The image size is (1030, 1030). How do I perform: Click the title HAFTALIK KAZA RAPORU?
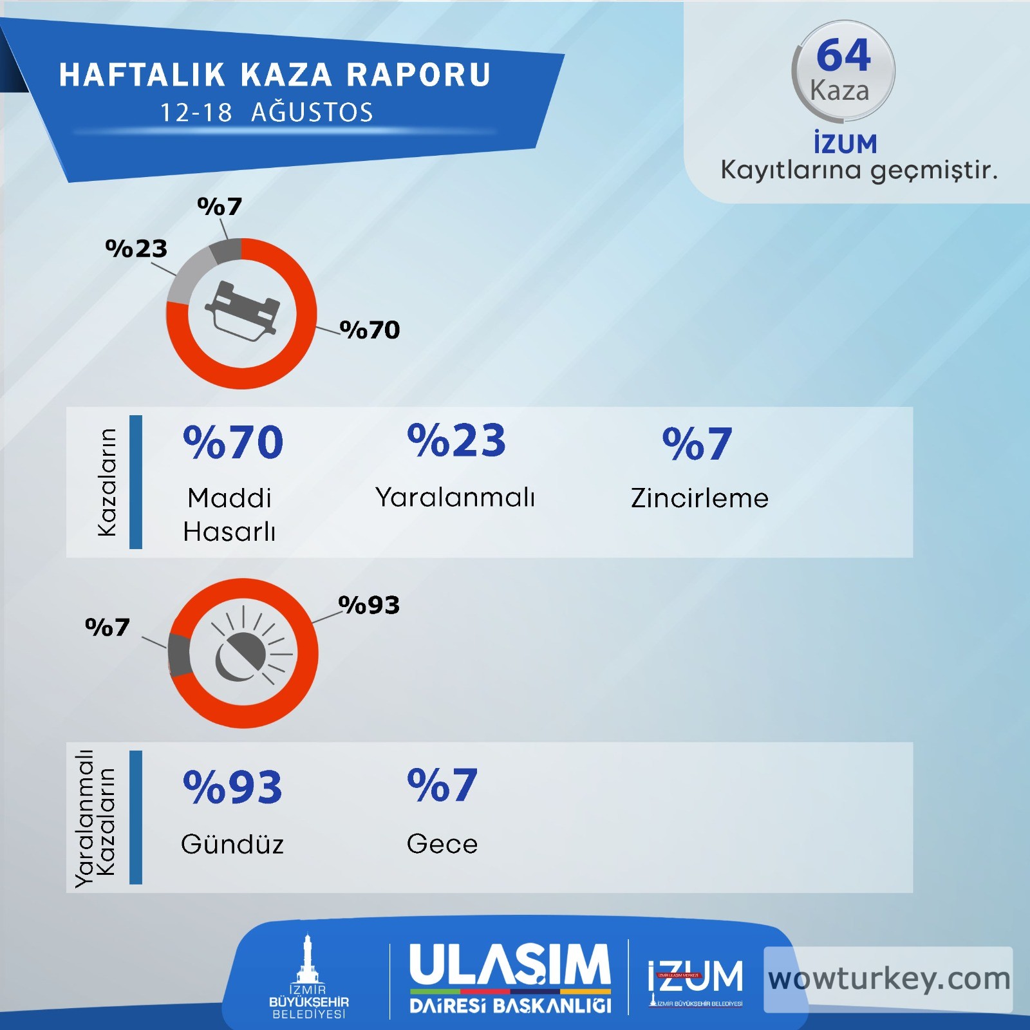[x=275, y=75]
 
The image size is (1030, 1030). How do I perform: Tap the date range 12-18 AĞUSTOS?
[x=267, y=113]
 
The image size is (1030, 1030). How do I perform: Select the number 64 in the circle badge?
[x=843, y=55]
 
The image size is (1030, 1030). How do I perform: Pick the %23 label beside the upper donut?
[x=136, y=248]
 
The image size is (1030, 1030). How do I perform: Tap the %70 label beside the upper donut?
[x=370, y=330]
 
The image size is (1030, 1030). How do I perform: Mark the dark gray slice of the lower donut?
[x=180, y=654]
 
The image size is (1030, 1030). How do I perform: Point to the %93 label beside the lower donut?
[x=370, y=605]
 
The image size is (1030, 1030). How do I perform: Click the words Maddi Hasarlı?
[x=230, y=515]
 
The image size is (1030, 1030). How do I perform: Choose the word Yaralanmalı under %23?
[x=455, y=498]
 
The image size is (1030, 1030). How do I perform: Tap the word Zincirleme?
[x=700, y=498]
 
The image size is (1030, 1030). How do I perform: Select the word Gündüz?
[x=232, y=844]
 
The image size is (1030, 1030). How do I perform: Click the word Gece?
[x=442, y=844]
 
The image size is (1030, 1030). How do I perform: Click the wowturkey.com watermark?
[x=889, y=979]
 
